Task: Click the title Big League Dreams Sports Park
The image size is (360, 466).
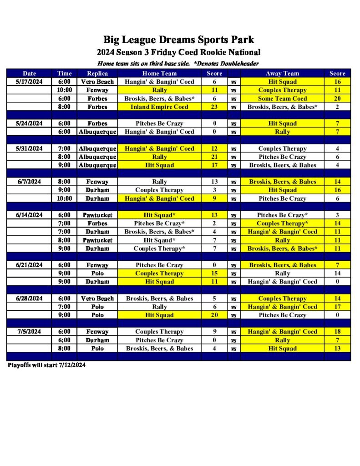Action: point(178,40)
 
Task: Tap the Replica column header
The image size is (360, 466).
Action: point(97,73)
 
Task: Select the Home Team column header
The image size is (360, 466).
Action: point(159,73)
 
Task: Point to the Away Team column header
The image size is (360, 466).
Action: point(282,73)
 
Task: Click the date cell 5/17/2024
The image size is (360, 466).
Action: point(29,82)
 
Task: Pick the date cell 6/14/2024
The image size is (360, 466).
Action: point(29,215)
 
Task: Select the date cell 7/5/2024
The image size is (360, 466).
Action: point(29,332)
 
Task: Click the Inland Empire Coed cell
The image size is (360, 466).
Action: point(159,107)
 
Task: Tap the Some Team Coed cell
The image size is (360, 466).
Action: point(282,99)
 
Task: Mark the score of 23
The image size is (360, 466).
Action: point(214,107)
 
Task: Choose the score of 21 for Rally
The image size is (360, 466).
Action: point(214,157)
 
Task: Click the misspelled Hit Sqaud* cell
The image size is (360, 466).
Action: point(159,240)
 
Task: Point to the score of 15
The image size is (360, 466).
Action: point(214,274)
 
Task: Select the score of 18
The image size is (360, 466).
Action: point(337,332)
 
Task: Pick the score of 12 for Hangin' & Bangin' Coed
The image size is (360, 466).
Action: point(214,149)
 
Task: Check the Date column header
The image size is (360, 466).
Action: point(29,73)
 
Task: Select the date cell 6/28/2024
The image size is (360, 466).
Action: point(29,299)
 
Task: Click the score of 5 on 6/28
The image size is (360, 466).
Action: point(214,299)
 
